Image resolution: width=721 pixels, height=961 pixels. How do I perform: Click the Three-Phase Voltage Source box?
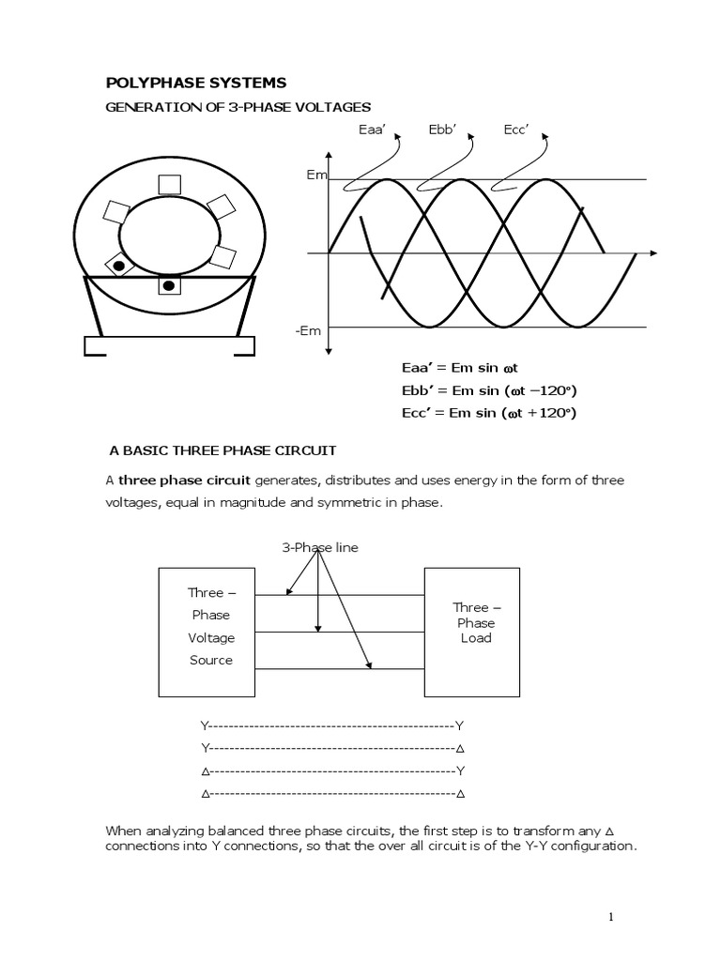pos(211,631)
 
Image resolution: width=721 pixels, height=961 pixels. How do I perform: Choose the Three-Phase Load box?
pos(472,631)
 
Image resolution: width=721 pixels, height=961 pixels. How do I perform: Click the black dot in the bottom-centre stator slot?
pos(169,285)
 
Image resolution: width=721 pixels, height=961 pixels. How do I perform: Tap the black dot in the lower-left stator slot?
pos(120,267)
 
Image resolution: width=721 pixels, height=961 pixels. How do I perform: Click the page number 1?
pos(611,918)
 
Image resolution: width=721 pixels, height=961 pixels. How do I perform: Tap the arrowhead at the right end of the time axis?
pos(653,252)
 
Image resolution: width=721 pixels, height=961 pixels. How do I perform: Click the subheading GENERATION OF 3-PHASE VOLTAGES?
pos(238,108)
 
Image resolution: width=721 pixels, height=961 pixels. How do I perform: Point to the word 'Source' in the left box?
pos(211,660)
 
